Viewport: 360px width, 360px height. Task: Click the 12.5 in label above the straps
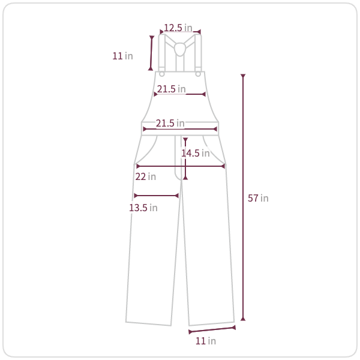[178, 28]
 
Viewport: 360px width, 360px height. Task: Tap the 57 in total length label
[258, 198]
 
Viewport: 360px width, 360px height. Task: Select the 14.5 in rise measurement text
[196, 153]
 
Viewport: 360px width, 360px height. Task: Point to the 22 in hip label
[146, 176]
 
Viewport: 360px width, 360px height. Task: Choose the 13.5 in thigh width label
[143, 208]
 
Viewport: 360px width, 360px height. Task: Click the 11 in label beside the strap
[122, 56]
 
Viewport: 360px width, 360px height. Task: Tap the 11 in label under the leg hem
[206, 341]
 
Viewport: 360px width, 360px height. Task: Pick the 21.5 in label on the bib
[171, 89]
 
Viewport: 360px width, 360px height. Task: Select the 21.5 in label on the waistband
[170, 123]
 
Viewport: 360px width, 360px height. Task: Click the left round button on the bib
[161, 74]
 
